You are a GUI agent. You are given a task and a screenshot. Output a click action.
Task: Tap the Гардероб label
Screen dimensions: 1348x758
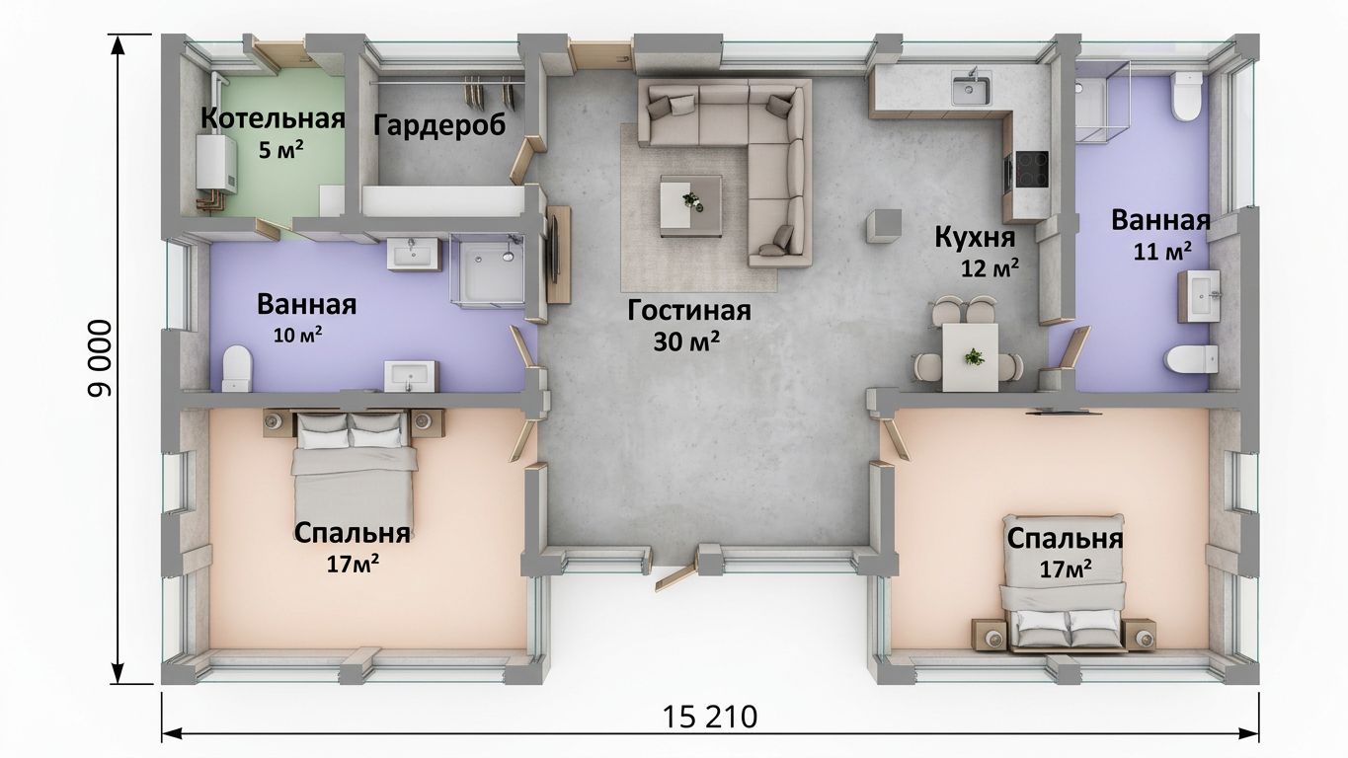pos(439,125)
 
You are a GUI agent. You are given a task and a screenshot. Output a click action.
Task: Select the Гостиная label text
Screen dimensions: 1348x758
pos(689,311)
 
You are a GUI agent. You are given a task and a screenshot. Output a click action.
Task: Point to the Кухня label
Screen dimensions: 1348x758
pos(975,237)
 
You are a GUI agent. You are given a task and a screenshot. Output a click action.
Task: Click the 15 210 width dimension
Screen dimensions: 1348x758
pos(710,718)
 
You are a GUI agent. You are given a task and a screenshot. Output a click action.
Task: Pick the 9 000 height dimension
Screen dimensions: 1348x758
pos(100,358)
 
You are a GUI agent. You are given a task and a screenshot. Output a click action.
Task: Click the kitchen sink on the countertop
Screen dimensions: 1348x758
pos(971,89)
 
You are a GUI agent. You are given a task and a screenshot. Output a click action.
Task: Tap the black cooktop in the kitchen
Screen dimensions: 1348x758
pos(1032,169)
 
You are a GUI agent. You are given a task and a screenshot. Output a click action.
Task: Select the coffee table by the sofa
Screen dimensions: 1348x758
pos(690,205)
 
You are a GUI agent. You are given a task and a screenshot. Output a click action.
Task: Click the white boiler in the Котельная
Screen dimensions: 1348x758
pos(216,164)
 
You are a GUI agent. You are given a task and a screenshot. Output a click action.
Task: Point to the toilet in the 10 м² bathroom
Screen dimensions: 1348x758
pos(236,368)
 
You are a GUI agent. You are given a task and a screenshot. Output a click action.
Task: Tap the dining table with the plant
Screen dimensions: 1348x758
pos(970,357)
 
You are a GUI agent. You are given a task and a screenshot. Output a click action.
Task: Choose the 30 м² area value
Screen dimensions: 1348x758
pos(686,341)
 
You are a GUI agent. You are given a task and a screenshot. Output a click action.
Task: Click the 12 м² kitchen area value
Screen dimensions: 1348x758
pos(990,267)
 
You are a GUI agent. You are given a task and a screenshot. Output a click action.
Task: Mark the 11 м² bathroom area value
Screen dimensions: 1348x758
pos(1162,251)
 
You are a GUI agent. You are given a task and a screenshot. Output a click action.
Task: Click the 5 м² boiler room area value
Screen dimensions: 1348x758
pos(280,150)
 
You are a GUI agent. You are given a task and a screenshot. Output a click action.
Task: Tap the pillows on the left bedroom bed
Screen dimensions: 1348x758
pos(351,430)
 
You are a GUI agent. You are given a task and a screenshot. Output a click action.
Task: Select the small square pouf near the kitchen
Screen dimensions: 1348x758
pos(884,226)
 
